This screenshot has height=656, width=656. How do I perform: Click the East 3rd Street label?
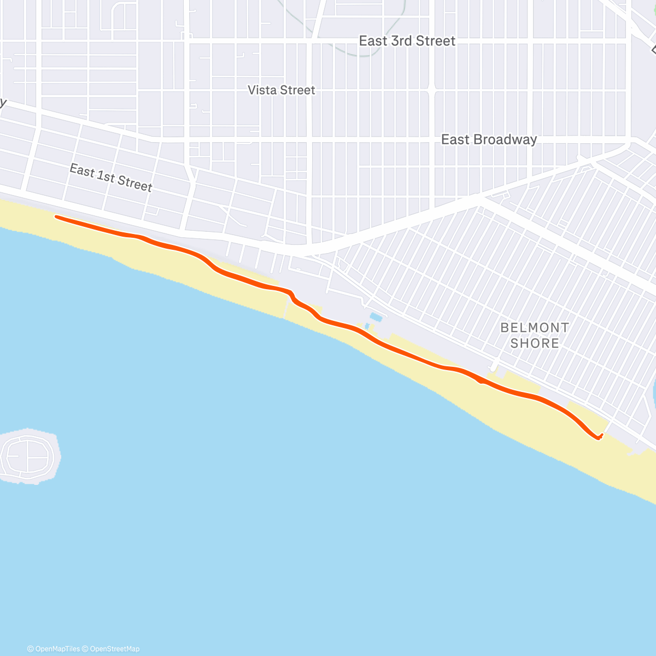[x=407, y=41]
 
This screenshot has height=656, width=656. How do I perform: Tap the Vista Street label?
[x=282, y=90]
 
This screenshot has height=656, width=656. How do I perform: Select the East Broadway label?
[x=489, y=139]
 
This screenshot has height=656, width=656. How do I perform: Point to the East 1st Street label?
[x=111, y=178]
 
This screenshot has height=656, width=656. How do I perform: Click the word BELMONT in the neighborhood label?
[x=535, y=327]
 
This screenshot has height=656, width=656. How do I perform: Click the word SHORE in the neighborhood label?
[x=535, y=343]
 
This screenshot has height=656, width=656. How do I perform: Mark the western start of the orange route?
[x=57, y=217]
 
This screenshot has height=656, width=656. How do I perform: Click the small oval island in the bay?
[x=29, y=455]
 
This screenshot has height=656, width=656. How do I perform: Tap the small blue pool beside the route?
[x=375, y=317]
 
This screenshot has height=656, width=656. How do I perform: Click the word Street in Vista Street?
[x=298, y=90]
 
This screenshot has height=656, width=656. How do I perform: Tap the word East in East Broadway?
[x=455, y=139]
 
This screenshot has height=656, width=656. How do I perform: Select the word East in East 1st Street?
[x=81, y=171]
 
